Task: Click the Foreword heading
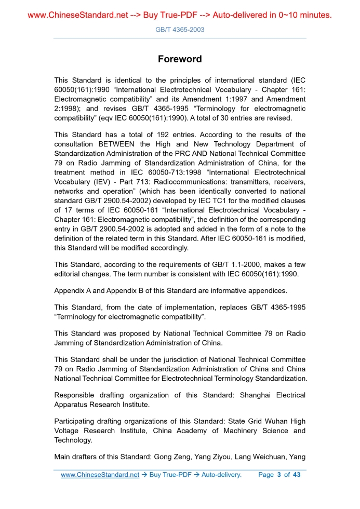coord(180,59)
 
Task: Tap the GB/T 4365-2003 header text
coord(180,30)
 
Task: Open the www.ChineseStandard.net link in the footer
coord(100,475)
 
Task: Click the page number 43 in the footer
coord(297,475)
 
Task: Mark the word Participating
coord(77,422)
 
